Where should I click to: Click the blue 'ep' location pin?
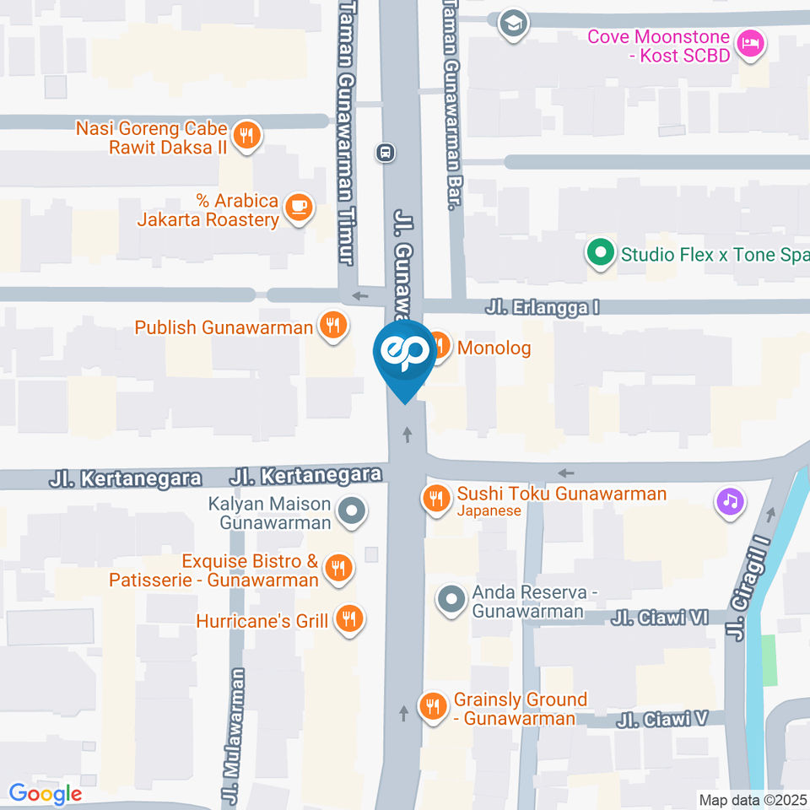click(405, 354)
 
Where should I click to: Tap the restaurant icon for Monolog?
click(439, 346)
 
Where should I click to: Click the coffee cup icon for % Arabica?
click(297, 207)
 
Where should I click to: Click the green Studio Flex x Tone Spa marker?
click(600, 252)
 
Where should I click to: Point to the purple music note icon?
click(730, 501)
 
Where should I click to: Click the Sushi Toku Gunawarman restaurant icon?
click(435, 499)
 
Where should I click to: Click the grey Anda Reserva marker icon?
click(451, 601)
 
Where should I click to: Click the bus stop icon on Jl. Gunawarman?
click(386, 153)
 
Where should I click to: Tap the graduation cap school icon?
click(512, 24)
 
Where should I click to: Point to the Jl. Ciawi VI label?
click(661, 618)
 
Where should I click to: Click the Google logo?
click(46, 794)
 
